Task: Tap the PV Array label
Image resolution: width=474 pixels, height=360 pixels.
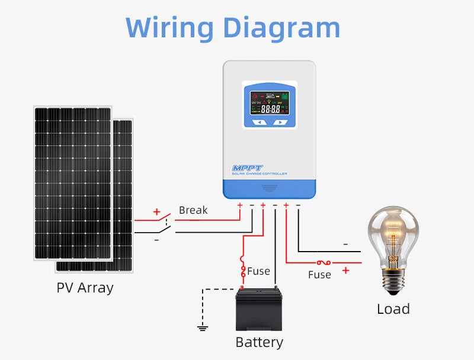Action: pyautogui.click(x=85, y=288)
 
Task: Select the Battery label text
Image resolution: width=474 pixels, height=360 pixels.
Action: pyautogui.click(x=259, y=342)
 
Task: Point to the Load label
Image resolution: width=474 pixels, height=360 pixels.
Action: pyautogui.click(x=393, y=309)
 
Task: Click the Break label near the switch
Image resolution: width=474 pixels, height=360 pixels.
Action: pyautogui.click(x=193, y=210)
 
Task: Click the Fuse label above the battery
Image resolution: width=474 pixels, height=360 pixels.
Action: pyautogui.click(x=258, y=271)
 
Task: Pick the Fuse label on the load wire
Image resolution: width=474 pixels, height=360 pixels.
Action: pyautogui.click(x=319, y=275)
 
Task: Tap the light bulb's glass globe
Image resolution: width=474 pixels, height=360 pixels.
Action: pyautogui.click(x=393, y=233)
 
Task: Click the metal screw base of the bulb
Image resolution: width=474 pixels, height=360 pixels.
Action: pyautogui.click(x=393, y=282)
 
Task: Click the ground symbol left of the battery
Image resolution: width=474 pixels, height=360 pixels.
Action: pyautogui.click(x=203, y=327)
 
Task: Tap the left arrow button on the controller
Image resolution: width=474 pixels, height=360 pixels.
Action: pyautogui.click(x=259, y=123)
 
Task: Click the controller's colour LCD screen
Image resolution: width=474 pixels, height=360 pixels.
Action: pyautogui.click(x=270, y=103)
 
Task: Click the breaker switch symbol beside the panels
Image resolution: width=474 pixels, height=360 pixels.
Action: pyautogui.click(x=165, y=226)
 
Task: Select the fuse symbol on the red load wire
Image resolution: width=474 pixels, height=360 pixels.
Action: pyautogui.click(x=324, y=262)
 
